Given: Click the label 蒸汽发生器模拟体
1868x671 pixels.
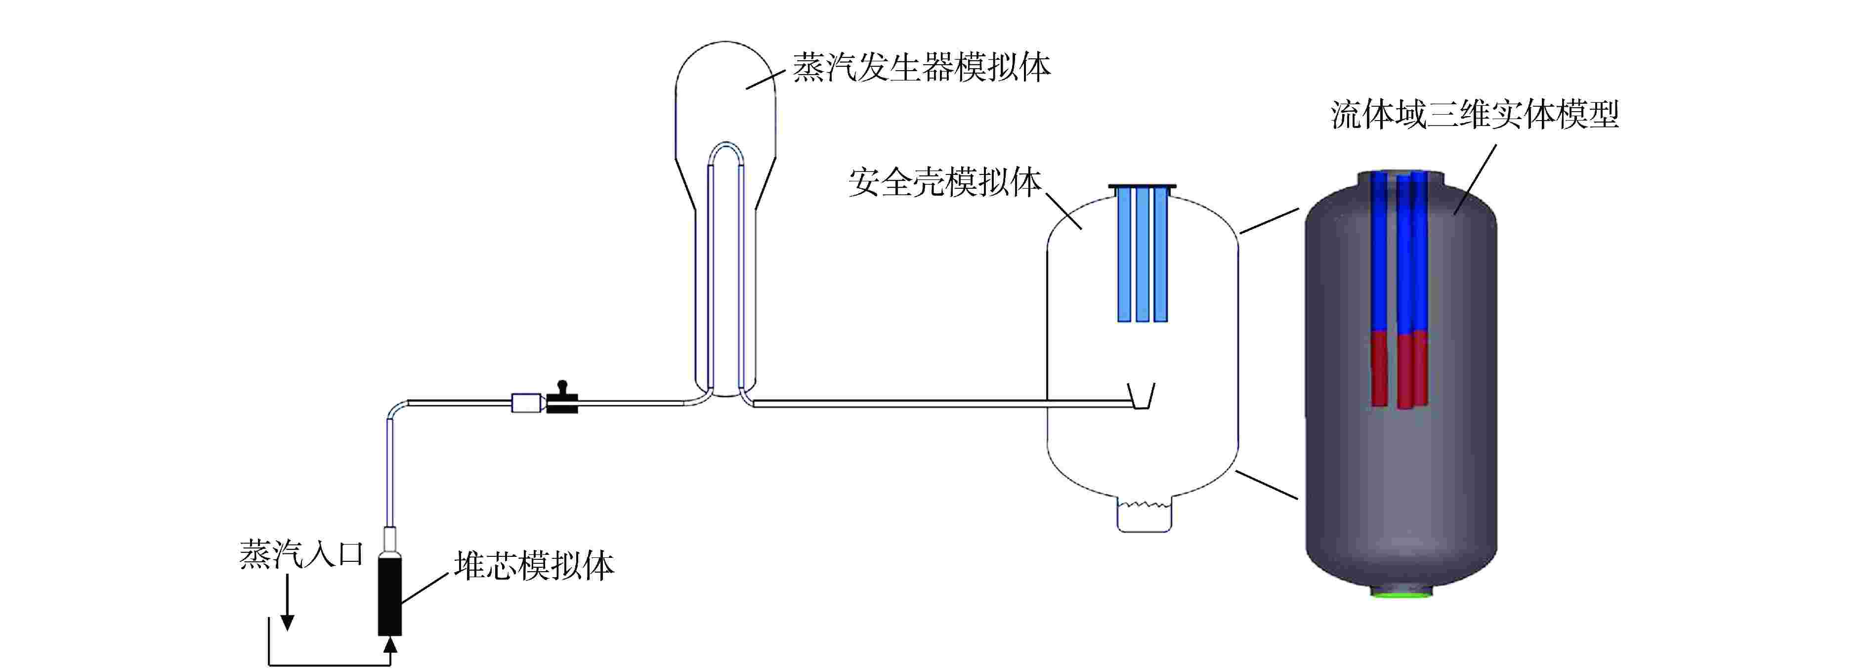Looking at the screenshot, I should click(x=921, y=68).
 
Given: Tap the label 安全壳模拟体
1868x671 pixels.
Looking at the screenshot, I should click(x=944, y=182).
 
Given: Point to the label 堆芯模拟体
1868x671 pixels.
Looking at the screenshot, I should click(x=534, y=566).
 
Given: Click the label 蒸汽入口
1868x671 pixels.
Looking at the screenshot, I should click(x=301, y=555).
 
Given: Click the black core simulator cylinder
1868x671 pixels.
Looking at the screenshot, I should click(x=389, y=595).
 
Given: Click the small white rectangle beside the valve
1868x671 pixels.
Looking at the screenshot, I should click(x=526, y=403).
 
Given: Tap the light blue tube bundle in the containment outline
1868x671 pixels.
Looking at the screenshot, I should click(x=1142, y=254).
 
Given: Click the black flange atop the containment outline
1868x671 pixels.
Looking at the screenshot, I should click(x=1142, y=187).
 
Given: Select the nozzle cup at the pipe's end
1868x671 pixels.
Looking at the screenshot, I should click(x=1142, y=398).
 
